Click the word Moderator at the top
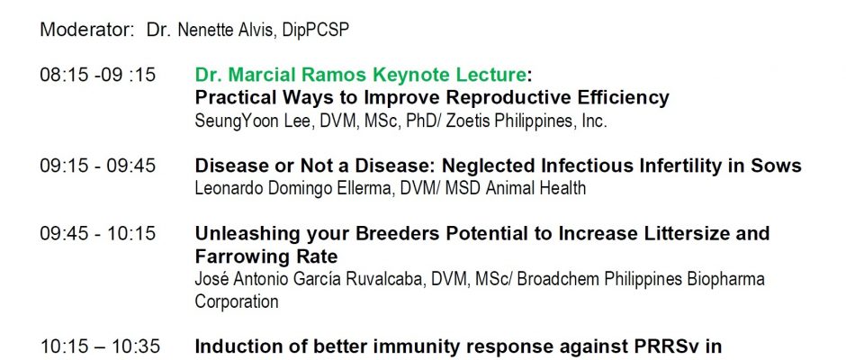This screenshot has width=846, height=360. point(87,30)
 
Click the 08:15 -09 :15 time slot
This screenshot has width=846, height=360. point(98,75)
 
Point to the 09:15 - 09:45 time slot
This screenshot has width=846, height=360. point(98,166)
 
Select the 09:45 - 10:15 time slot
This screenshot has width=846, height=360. point(98,234)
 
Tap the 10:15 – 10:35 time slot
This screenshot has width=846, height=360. point(100,346)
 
